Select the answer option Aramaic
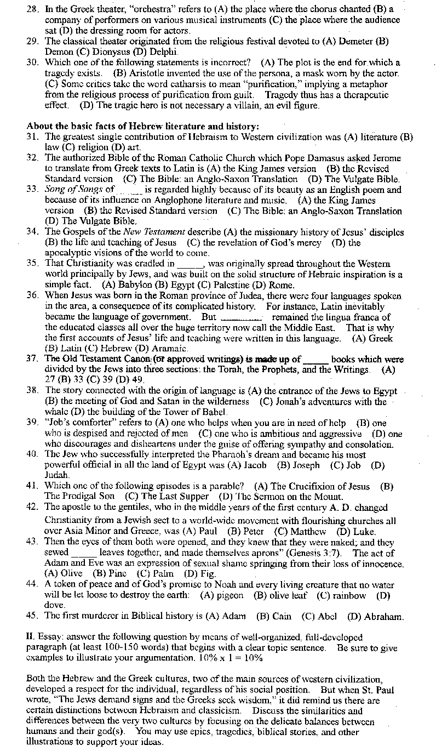(171, 348)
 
